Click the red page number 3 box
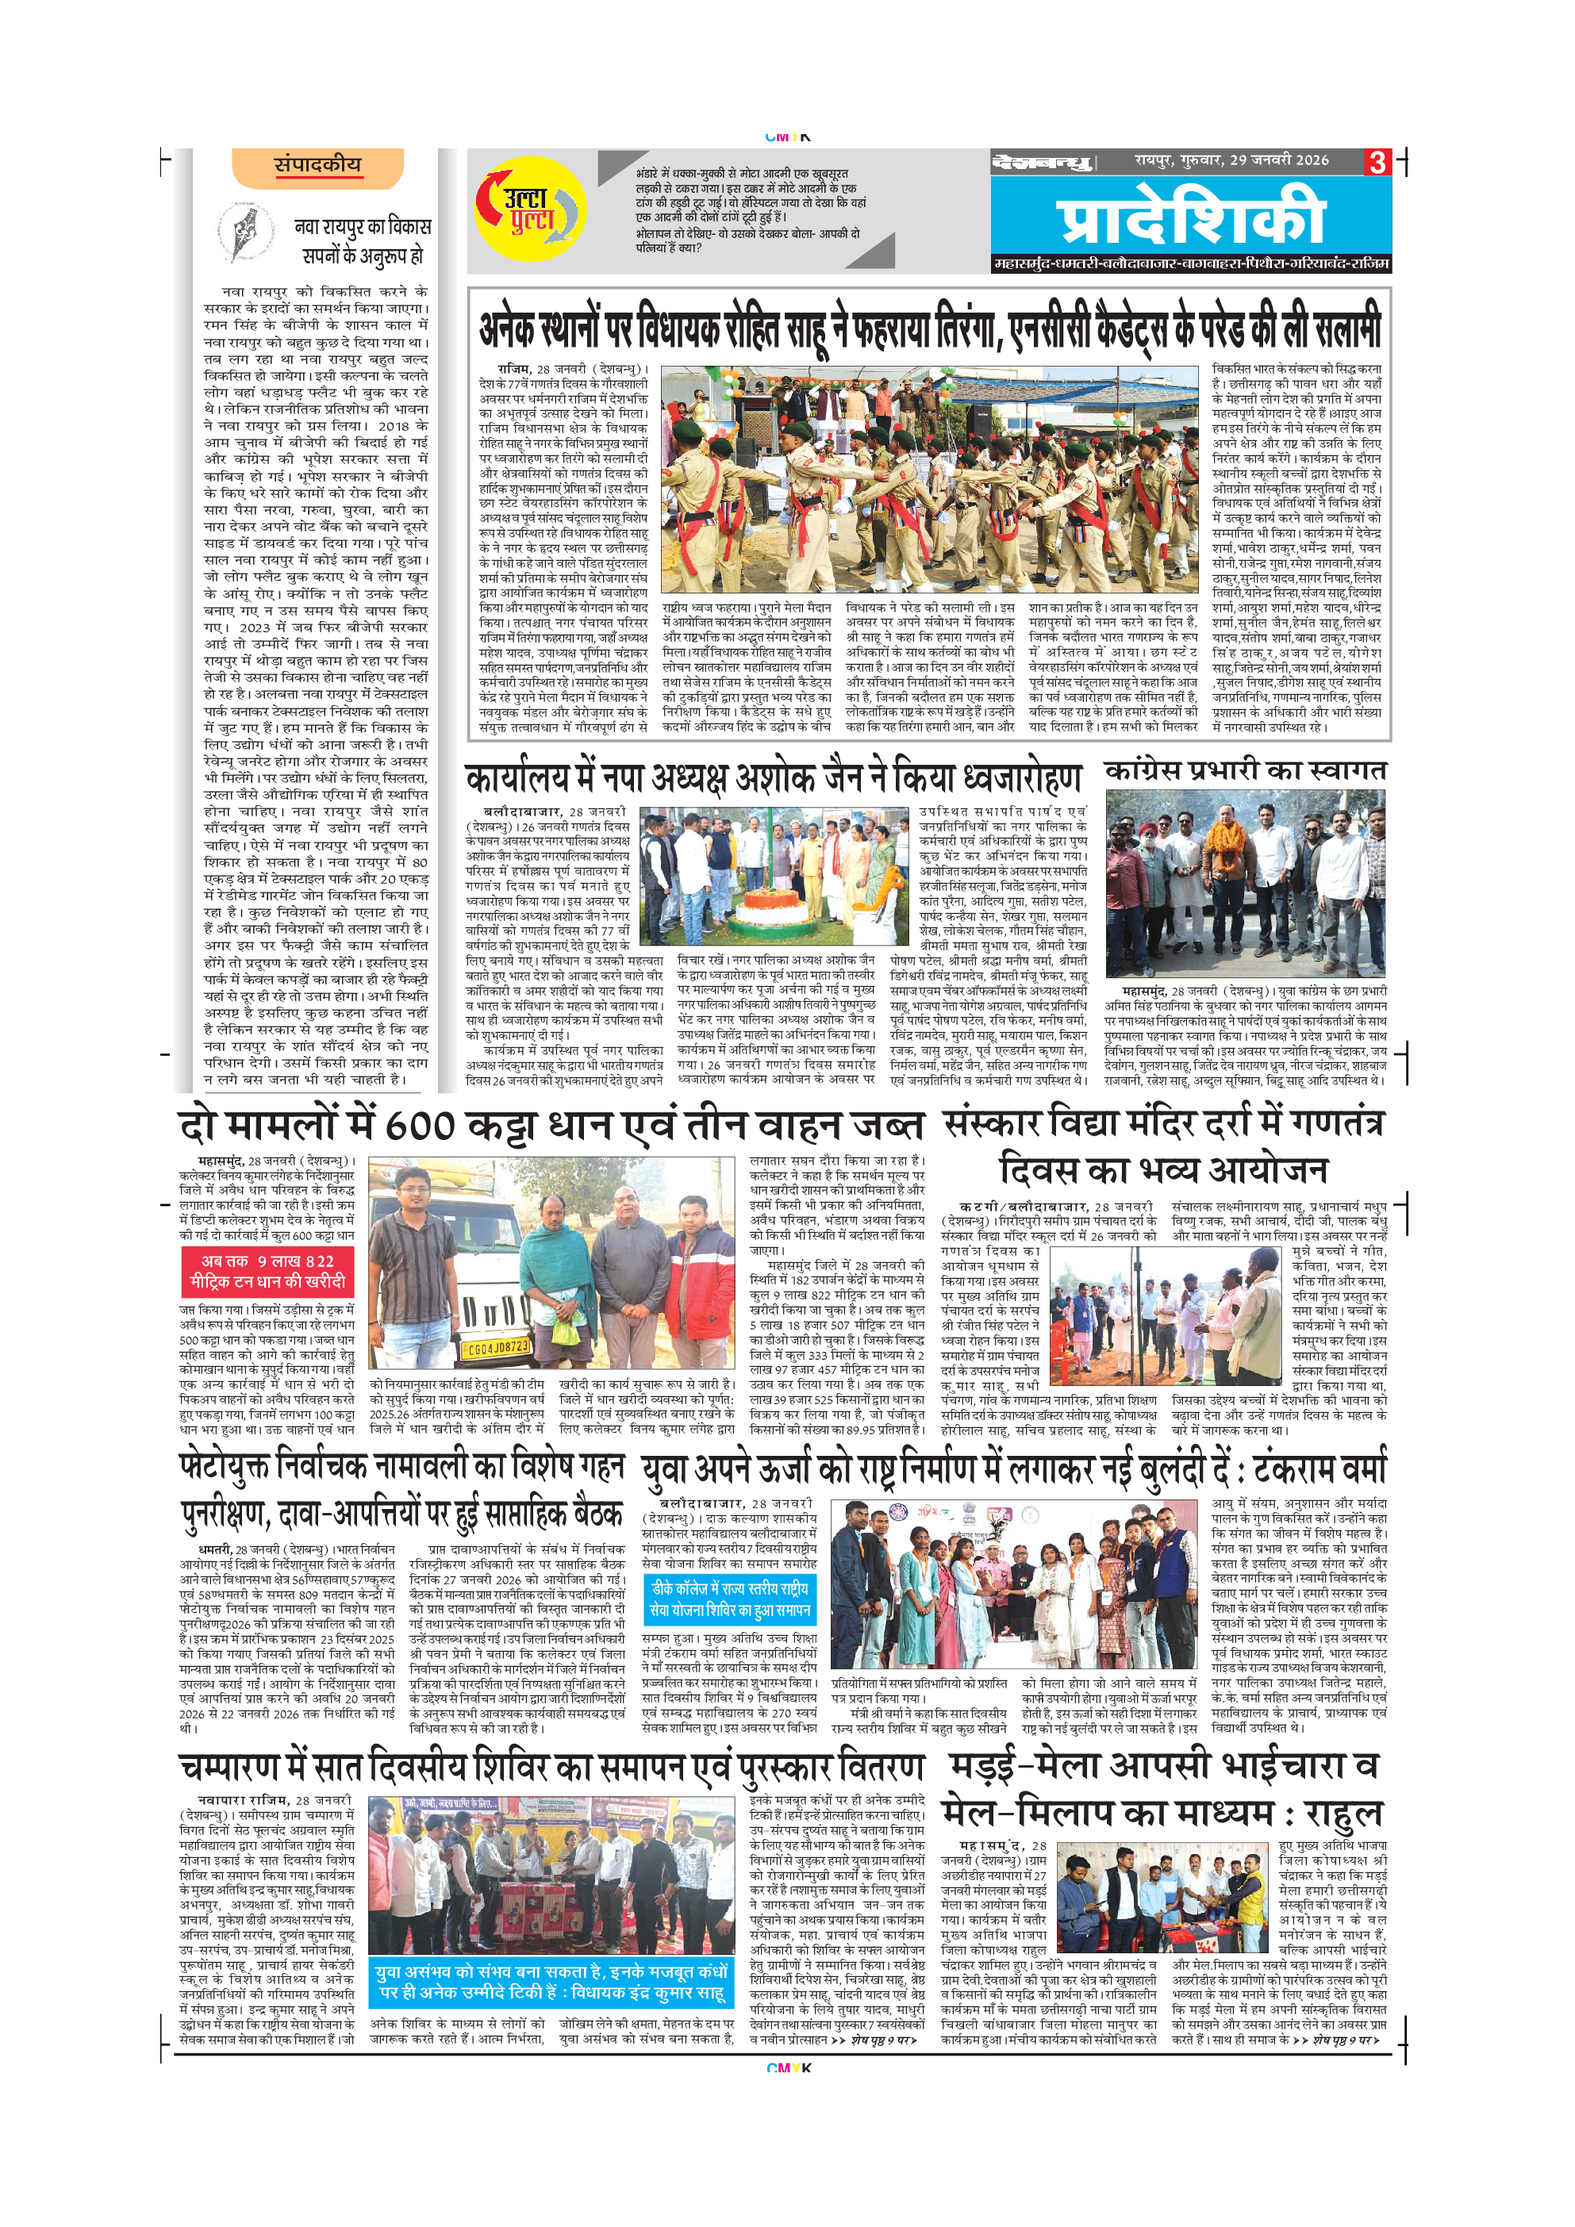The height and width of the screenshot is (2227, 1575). pyautogui.click(x=1378, y=162)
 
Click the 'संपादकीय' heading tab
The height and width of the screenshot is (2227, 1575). pyautogui.click(x=317, y=165)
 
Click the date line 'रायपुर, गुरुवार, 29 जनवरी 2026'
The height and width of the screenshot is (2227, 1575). pyautogui.click(x=1231, y=160)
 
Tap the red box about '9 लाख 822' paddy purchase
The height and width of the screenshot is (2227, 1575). pyautogui.click(x=267, y=1271)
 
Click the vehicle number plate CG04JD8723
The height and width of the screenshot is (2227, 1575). pyautogui.click(x=497, y=1347)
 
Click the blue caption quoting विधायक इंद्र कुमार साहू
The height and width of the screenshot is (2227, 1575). pyautogui.click(x=551, y=1983)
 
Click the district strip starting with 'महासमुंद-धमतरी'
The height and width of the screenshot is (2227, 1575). pyautogui.click(x=1191, y=264)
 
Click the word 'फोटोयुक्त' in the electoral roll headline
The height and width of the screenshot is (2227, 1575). pyautogui.click(x=225, y=1465)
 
